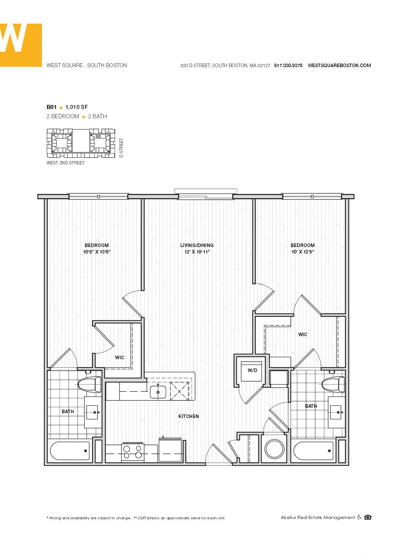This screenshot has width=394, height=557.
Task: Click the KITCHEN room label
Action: [189, 416]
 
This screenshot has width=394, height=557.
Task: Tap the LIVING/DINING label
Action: [197, 245]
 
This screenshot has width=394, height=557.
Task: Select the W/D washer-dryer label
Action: [252, 370]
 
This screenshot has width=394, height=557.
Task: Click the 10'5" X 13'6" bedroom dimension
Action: [97, 252]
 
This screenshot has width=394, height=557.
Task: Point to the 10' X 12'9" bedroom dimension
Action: [303, 252]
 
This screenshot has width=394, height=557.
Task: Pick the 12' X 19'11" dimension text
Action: [197, 252]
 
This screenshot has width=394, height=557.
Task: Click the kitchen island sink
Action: [158, 392]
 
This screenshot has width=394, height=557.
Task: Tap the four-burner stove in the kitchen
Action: [133, 452]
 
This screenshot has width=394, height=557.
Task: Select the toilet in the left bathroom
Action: [90, 384]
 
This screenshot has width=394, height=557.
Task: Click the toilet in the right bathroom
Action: [333, 384]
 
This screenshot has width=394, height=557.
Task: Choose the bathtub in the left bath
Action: [70, 451]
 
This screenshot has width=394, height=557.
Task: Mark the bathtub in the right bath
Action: [313, 451]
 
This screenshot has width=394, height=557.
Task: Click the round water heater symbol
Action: [274, 449]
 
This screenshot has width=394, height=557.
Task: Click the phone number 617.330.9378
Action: [288, 66]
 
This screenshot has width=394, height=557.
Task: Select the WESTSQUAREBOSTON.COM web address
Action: [339, 66]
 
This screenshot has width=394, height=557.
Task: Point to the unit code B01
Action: [51, 107]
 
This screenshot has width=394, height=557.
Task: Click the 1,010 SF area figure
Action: [76, 107]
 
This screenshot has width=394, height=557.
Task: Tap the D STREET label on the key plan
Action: [121, 148]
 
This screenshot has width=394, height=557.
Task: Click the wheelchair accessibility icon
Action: [359, 517]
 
